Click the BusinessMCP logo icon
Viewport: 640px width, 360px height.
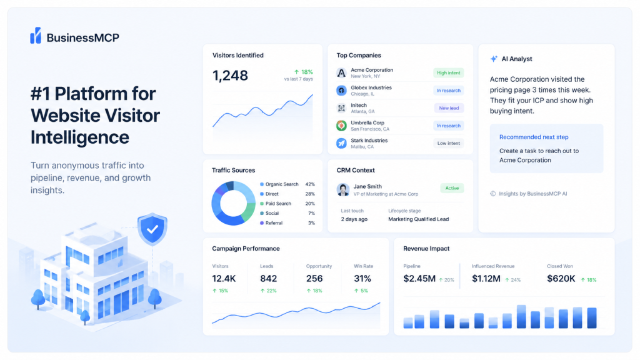(x=36, y=36)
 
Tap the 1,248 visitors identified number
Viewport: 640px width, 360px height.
(x=230, y=76)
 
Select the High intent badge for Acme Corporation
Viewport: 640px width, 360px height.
(x=448, y=73)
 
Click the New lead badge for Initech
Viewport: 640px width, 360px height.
(x=449, y=108)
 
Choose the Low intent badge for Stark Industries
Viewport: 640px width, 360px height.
(x=448, y=143)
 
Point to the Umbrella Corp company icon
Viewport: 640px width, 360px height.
(x=341, y=126)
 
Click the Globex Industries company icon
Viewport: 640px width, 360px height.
(x=341, y=91)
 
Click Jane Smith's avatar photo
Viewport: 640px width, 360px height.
(x=343, y=190)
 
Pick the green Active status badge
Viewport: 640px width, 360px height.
(x=452, y=188)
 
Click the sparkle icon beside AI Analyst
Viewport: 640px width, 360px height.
(x=494, y=59)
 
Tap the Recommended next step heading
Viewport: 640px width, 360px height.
(x=534, y=137)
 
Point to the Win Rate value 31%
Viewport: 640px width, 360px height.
(x=362, y=279)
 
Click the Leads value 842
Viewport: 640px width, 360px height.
(x=269, y=279)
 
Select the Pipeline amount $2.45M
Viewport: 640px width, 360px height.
(x=419, y=279)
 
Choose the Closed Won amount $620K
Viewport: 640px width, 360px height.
(x=561, y=279)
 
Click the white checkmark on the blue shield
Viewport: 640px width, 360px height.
(x=152, y=229)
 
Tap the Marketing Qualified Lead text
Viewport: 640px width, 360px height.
(x=418, y=219)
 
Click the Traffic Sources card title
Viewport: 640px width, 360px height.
(x=234, y=170)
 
